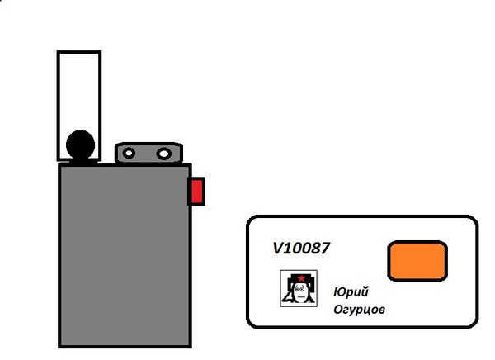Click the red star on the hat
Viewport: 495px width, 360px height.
(301, 278)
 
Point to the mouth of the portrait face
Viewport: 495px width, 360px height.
(301, 297)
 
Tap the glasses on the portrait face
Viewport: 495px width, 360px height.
(299, 288)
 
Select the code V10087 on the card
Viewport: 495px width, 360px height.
(301, 248)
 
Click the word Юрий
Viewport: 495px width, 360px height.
(351, 291)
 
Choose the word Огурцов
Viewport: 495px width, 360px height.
(359, 309)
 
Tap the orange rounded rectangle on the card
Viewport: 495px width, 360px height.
(417, 261)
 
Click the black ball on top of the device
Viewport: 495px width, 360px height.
(81, 144)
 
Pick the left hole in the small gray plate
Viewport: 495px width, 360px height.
(129, 154)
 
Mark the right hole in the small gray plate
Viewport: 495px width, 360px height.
(164, 154)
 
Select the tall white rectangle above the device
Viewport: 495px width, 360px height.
(79, 106)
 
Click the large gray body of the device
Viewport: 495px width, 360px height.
(125, 256)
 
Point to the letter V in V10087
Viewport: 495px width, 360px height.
(278, 248)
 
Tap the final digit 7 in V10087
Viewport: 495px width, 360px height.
(325, 248)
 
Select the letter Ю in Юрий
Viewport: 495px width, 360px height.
(339, 291)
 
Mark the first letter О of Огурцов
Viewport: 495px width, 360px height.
(337, 309)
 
